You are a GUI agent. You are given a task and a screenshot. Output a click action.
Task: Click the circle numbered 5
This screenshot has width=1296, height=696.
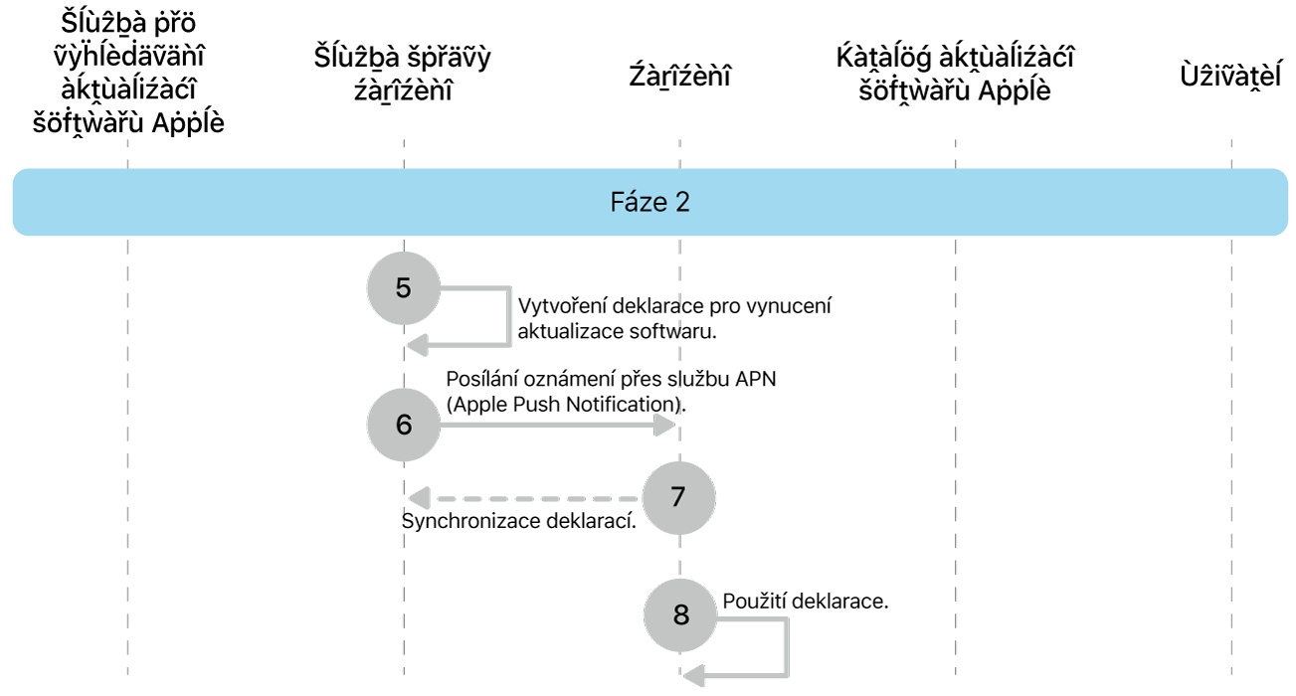point(403,288)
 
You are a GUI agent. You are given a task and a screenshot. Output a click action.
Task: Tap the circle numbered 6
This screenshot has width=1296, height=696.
point(403,425)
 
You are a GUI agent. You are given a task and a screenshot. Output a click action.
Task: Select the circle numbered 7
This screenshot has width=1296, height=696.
point(678,496)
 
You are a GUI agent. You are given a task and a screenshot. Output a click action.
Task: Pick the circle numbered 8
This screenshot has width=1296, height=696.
point(680,614)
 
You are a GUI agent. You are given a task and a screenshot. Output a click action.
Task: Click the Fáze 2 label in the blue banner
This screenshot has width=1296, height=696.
point(649,203)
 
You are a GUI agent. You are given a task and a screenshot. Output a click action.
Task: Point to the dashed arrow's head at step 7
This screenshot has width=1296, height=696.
point(419,496)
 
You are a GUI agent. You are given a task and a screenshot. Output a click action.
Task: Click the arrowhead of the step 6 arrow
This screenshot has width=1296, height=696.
point(666,426)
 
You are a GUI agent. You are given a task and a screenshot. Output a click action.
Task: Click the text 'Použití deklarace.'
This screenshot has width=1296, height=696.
point(805,602)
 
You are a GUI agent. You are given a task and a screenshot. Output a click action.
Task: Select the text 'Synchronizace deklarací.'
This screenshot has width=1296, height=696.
point(518,521)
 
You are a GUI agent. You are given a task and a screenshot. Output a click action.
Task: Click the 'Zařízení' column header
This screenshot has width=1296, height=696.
point(680,76)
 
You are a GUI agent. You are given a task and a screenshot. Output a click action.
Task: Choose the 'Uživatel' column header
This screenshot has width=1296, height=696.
point(1230,76)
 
